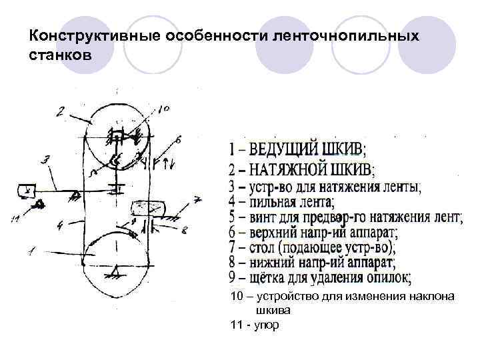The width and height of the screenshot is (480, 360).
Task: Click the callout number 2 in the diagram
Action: (x=61, y=111)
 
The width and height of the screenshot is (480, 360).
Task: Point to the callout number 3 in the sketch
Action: (x=46, y=159)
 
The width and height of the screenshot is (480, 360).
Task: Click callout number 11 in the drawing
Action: (x=14, y=216)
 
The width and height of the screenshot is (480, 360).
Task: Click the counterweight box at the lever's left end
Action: (x=27, y=191)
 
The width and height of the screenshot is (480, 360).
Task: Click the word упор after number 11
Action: (x=267, y=325)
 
